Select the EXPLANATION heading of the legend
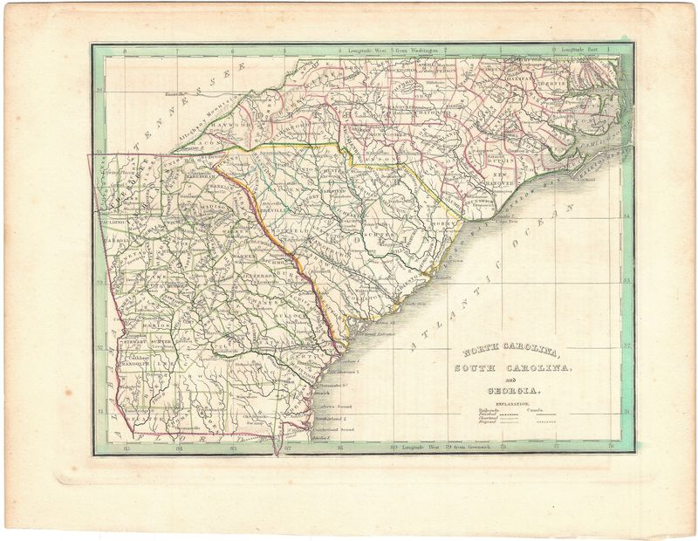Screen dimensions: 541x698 coord(513,402)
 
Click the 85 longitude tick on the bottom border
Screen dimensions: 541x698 coord(127,449)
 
